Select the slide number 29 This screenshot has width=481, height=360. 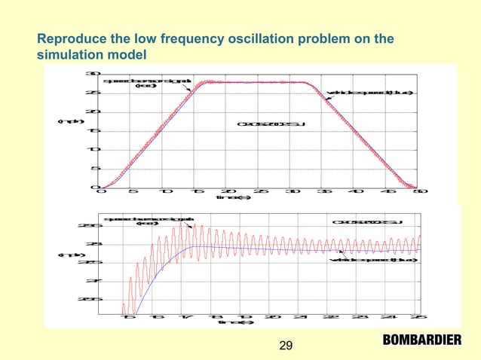(286, 346)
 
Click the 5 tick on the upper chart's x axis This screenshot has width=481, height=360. (133, 191)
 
